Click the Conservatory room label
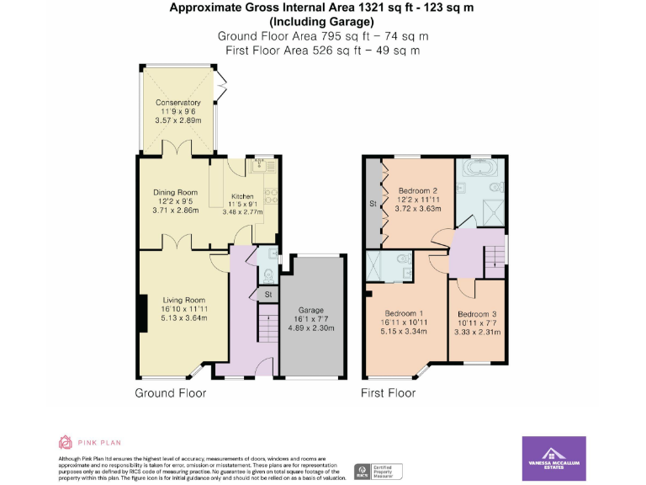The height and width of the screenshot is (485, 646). click(x=177, y=103)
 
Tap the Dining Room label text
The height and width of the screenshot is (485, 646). click(x=175, y=193)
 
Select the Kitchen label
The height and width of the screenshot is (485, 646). click(x=242, y=196)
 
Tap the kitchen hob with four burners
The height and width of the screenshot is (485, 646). click(x=271, y=197)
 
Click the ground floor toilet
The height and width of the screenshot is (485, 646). click(x=268, y=273)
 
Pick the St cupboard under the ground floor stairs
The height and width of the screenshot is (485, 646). click(x=267, y=295)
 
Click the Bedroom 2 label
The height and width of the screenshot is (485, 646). click(x=418, y=189)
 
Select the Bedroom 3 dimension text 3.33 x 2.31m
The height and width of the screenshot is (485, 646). click(x=478, y=332)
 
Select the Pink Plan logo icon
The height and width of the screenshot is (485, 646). click(x=66, y=442)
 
